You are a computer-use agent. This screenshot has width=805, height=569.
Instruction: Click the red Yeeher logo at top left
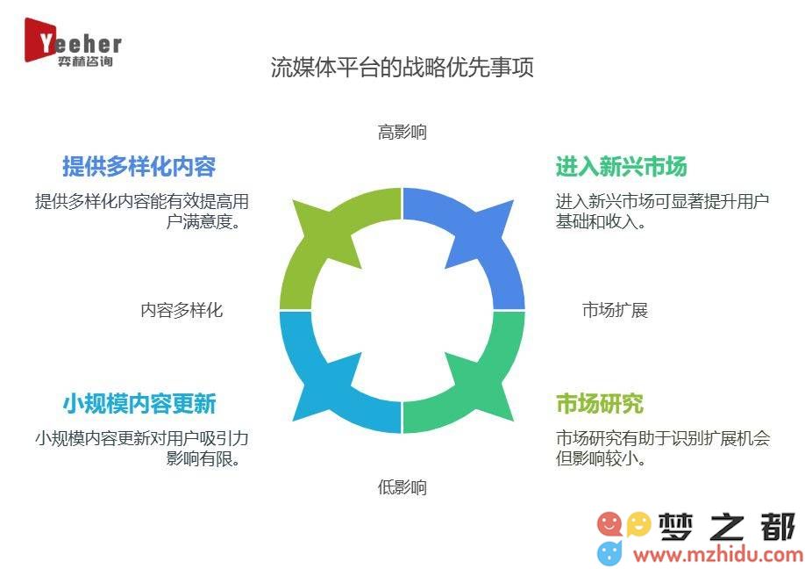(73, 43)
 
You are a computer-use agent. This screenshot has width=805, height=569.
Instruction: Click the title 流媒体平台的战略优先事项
(402, 68)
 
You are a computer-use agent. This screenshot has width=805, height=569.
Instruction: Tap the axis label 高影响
(402, 132)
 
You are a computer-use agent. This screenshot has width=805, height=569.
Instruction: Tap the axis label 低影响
(402, 486)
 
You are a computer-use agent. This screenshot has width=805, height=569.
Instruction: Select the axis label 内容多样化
(182, 310)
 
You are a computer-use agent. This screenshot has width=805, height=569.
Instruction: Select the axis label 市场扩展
(615, 310)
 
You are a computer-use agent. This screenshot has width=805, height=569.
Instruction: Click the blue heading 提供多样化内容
(139, 167)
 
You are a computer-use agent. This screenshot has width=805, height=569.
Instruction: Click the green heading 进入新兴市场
(621, 167)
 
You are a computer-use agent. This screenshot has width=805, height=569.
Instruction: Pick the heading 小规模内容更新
(139, 404)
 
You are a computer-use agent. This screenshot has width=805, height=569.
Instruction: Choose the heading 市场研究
(600, 404)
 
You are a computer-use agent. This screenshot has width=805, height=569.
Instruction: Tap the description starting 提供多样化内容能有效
(142, 212)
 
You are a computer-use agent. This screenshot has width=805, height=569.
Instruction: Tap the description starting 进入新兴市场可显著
(662, 212)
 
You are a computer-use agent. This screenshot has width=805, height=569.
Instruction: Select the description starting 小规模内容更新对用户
(142, 448)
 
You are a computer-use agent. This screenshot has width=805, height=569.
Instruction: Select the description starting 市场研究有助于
(663, 448)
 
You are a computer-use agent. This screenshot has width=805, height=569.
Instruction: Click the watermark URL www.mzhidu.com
(717, 555)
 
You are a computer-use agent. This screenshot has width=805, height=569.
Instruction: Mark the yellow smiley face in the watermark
(638, 524)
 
